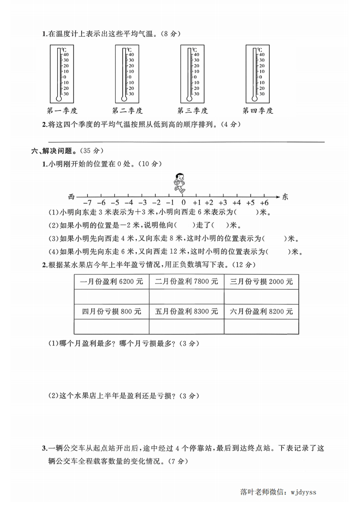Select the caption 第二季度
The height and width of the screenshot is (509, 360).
pyautogui.click(x=128, y=110)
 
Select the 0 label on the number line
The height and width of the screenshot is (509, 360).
pyautogui.click(x=183, y=203)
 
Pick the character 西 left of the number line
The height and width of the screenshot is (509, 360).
pyautogui.click(x=71, y=197)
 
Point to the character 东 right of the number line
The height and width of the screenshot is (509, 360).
pyautogui.click(x=285, y=197)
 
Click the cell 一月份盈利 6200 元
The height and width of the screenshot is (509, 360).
pyautogui.click(x=111, y=282)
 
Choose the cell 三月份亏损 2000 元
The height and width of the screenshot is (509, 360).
pyautogui.click(x=261, y=282)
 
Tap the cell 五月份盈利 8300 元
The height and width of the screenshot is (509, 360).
pyautogui.click(x=187, y=312)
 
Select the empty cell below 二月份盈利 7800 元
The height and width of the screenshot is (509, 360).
pyautogui.click(x=187, y=297)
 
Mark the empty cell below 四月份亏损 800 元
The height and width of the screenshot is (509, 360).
pyautogui.click(x=111, y=327)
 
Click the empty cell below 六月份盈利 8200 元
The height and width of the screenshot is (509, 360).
pyautogui.click(x=261, y=327)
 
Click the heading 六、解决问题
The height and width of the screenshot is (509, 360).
pyautogui.click(x=50, y=150)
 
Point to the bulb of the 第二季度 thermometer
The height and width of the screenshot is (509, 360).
pyautogui.click(x=124, y=98)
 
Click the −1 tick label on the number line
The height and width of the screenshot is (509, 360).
pyautogui.click(x=170, y=203)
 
